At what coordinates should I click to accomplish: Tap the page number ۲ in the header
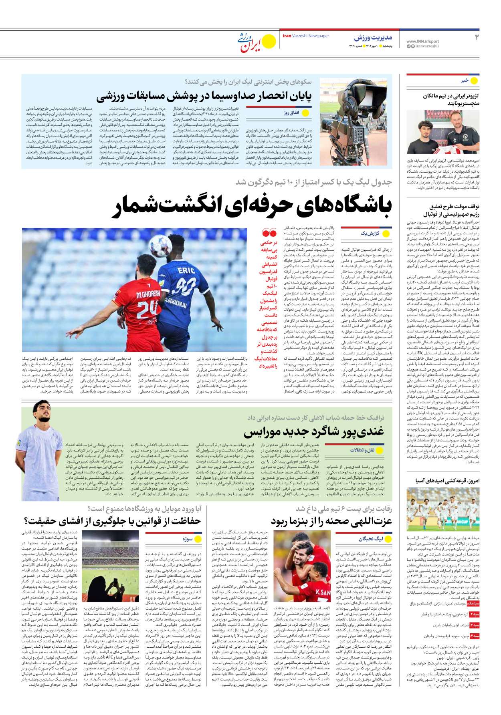click(x=477, y=38)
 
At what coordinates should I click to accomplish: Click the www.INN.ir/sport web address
click(x=422, y=41)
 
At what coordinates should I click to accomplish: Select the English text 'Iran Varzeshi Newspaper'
click(x=306, y=36)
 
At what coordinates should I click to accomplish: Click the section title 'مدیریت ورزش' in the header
click(x=373, y=38)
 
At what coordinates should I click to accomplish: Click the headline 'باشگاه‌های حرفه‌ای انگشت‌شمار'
click(x=254, y=205)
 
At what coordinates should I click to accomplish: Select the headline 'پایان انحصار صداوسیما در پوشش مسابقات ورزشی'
click(x=204, y=96)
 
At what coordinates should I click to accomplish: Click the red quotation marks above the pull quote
click(x=269, y=233)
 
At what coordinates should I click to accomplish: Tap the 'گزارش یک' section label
click(x=370, y=233)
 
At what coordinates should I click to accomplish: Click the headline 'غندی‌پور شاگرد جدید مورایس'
click(x=314, y=431)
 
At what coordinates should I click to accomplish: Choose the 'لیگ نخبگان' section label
click(x=371, y=539)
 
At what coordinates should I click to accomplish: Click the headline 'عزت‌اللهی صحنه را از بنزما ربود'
click(x=331, y=521)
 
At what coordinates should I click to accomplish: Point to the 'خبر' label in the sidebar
click(x=465, y=81)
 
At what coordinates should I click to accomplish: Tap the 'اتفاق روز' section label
click(x=291, y=113)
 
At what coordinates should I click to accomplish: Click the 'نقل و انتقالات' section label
click(x=362, y=450)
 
